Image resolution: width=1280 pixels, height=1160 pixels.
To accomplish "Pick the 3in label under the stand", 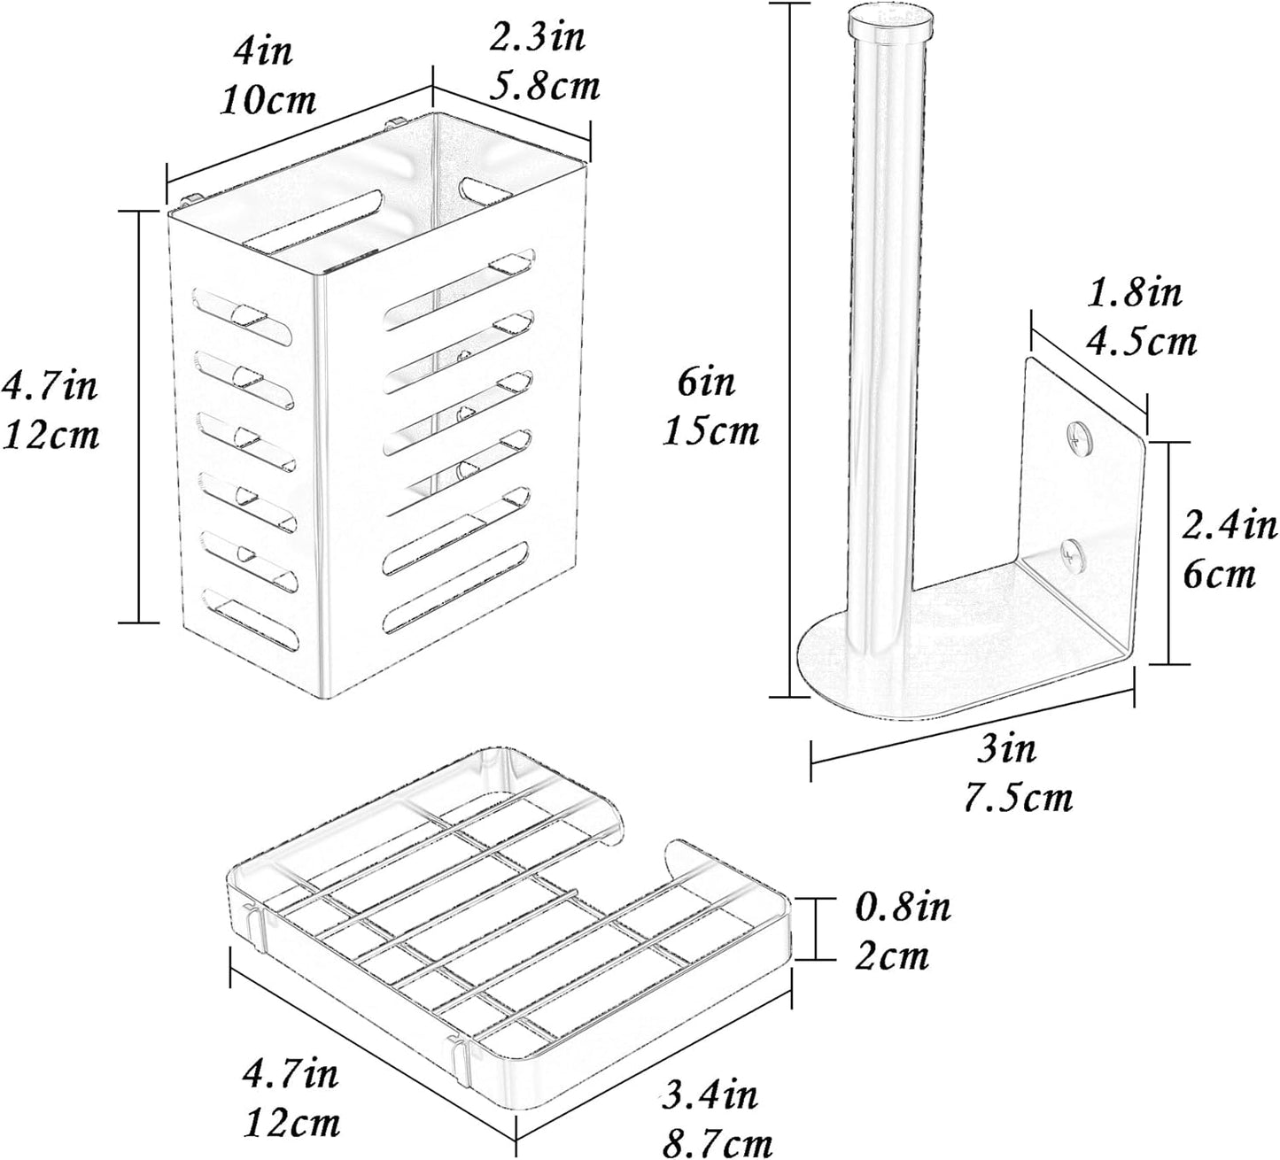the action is tap(1006, 748).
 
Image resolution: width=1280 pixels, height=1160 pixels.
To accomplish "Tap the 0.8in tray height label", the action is tap(903, 906).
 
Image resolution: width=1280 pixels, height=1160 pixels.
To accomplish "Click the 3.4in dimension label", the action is tap(709, 1094).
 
